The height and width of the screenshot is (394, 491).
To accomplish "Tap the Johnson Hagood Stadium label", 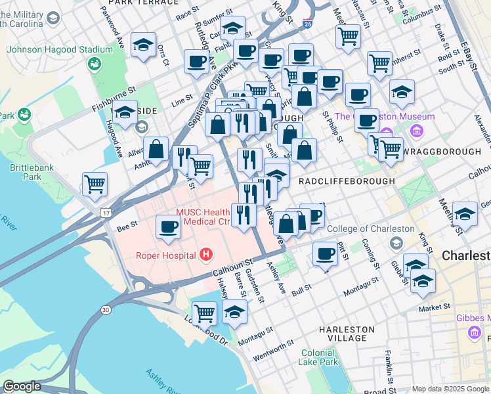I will pos(60,49).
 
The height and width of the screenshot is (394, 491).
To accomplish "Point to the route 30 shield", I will pos(105,309).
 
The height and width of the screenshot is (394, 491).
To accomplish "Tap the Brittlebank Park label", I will pos(26,172).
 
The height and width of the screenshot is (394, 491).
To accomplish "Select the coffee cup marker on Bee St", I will pos(169,227).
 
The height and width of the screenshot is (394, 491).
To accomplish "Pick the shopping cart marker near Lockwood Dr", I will pos(205,313).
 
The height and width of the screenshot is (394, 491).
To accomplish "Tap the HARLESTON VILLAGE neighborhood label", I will pos(347,334).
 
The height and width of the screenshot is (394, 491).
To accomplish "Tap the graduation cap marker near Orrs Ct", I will pos(143,45).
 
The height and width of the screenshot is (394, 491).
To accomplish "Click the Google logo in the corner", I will pos(22,386).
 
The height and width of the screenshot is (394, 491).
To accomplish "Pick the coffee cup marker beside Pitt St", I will pos(324,253).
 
